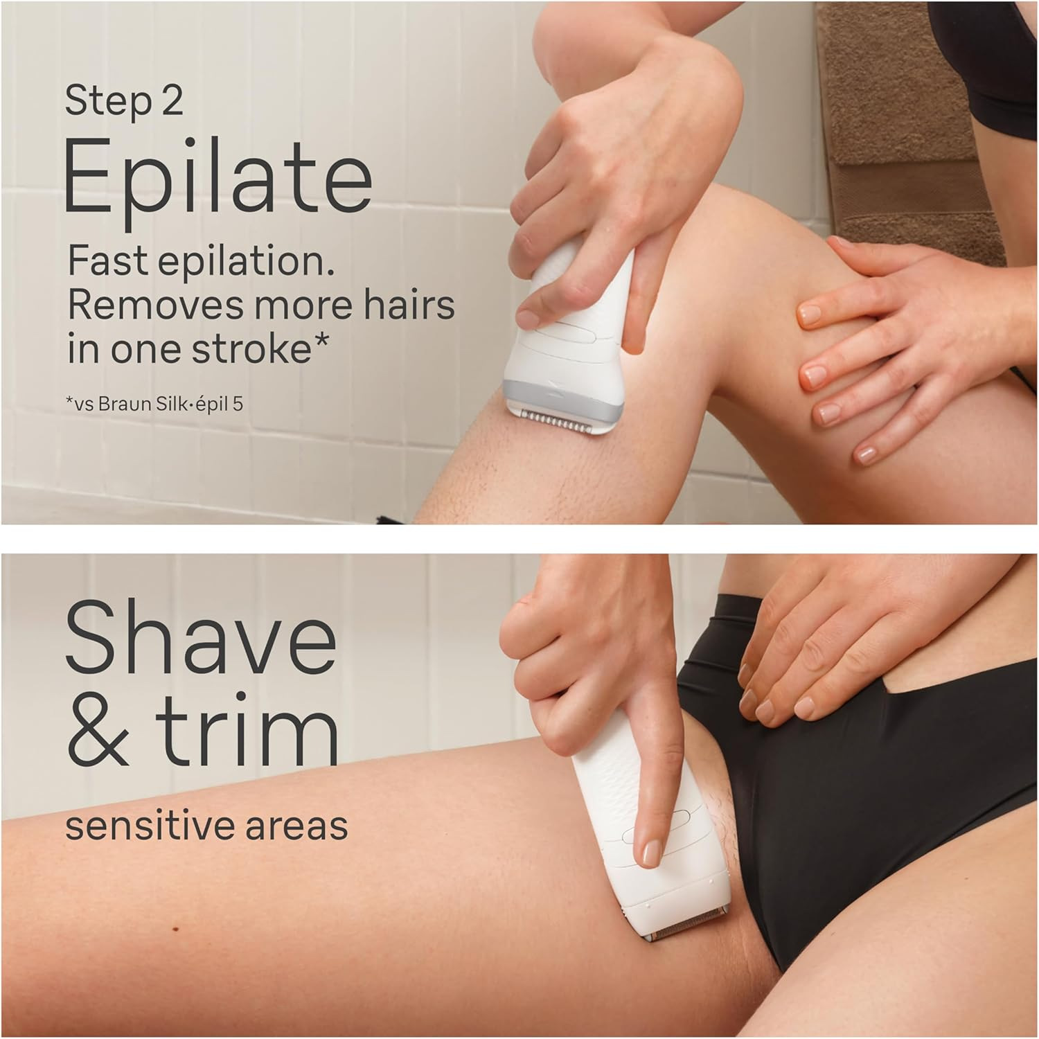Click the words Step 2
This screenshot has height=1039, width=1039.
click(x=124, y=102)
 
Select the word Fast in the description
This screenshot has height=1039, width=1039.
click(x=108, y=262)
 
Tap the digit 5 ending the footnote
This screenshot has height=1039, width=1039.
click(x=238, y=403)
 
